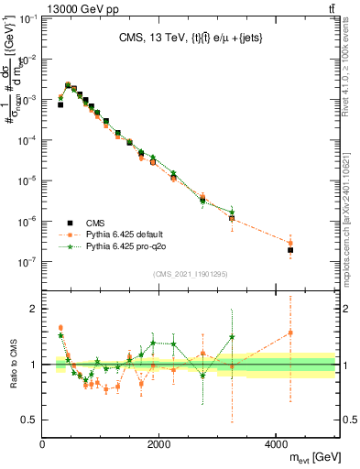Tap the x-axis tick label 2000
click(x=159, y=444)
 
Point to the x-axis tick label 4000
click(x=277, y=444)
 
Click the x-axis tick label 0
click(x=43, y=444)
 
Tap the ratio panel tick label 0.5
click(x=30, y=420)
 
